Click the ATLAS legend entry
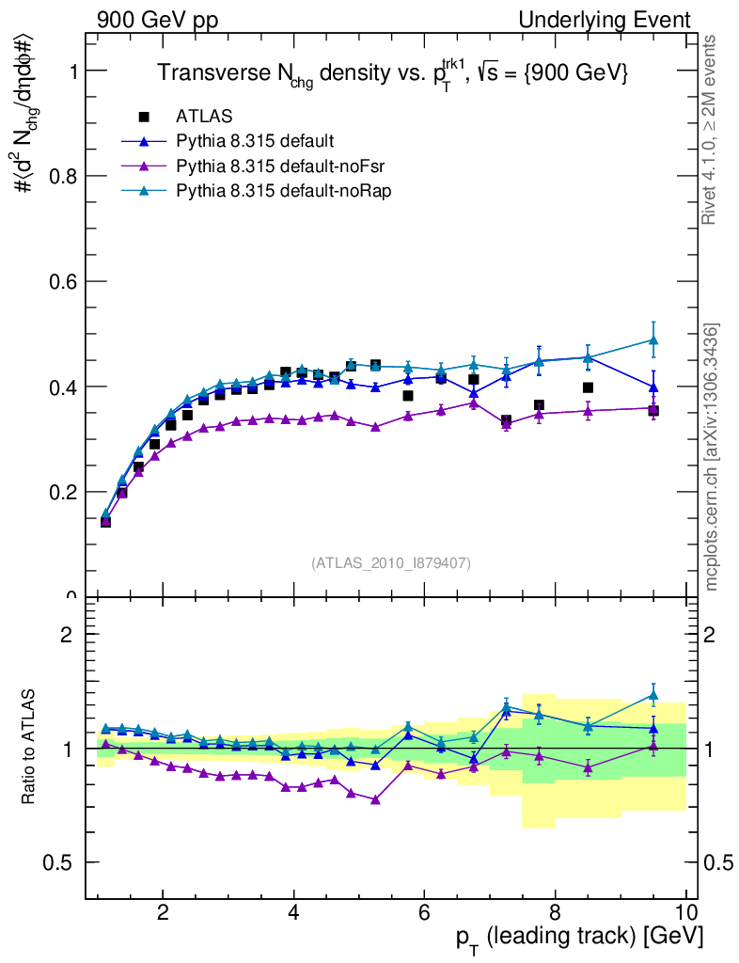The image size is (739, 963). [204, 117]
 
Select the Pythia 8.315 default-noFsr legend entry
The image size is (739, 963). [268, 166]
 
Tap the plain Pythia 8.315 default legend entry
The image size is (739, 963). [255, 141]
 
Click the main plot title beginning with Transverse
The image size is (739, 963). [391, 73]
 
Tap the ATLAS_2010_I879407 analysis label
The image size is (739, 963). [391, 563]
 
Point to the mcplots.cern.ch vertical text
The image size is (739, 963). [712, 457]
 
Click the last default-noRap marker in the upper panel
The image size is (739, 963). [653, 340]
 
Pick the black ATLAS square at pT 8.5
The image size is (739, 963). [588, 387]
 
